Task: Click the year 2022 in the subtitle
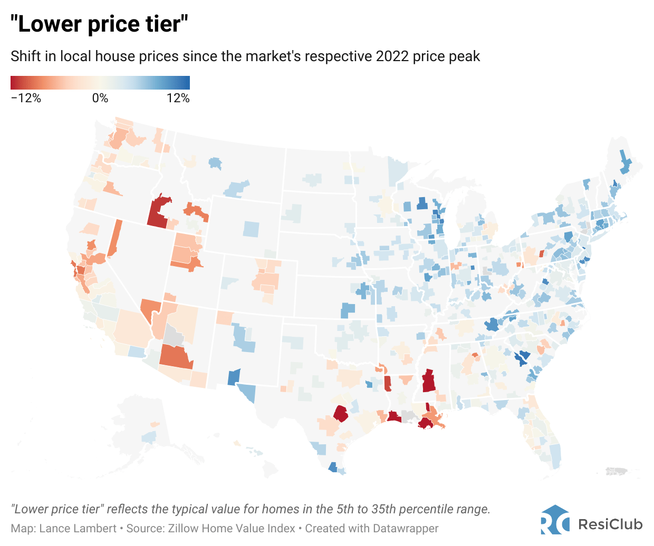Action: [392, 56]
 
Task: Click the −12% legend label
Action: [26, 98]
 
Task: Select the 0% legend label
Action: [100, 98]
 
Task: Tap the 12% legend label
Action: [178, 98]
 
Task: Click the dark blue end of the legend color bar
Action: [185, 83]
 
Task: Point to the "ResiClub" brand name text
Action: [610, 524]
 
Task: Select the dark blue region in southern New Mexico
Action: [233, 377]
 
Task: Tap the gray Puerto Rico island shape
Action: [617, 471]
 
